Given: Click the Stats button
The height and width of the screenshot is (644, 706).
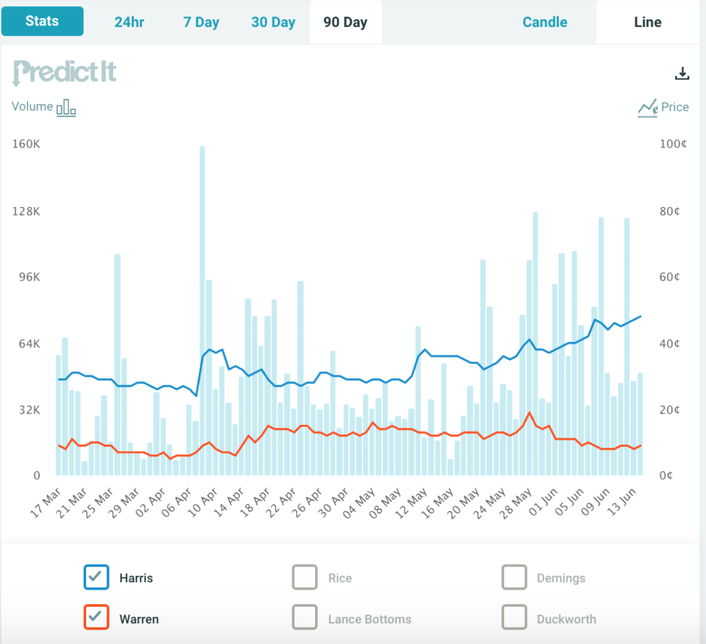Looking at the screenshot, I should [42, 21].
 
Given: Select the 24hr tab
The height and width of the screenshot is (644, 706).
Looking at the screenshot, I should [130, 22].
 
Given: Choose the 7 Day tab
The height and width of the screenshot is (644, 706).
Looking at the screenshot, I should [201, 22].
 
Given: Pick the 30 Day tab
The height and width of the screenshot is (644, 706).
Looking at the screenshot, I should [273, 22].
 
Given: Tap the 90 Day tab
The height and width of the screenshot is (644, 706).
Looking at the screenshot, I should [345, 22].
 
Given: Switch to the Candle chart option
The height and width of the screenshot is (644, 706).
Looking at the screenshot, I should [545, 22].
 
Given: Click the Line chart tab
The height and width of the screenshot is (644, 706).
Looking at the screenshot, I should [647, 22].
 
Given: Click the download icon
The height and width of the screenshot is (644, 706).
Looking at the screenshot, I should [682, 74].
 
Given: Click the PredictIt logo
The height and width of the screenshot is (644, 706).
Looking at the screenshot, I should [65, 72].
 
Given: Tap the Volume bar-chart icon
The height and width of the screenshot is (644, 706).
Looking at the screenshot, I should [66, 108].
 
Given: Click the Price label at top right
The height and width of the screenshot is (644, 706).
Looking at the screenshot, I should [674, 107].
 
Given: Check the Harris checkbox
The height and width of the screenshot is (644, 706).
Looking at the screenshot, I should [97, 577].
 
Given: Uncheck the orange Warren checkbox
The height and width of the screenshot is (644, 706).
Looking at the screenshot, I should [97, 617].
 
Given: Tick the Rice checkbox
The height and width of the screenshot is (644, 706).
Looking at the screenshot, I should [305, 577].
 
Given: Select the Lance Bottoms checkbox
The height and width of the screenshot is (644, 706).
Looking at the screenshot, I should [305, 617].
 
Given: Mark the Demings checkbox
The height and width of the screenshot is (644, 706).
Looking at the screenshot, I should [514, 577].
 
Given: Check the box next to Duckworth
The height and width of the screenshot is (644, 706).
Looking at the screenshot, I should [514, 617].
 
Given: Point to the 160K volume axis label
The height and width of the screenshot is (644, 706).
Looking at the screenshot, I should [26, 145].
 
